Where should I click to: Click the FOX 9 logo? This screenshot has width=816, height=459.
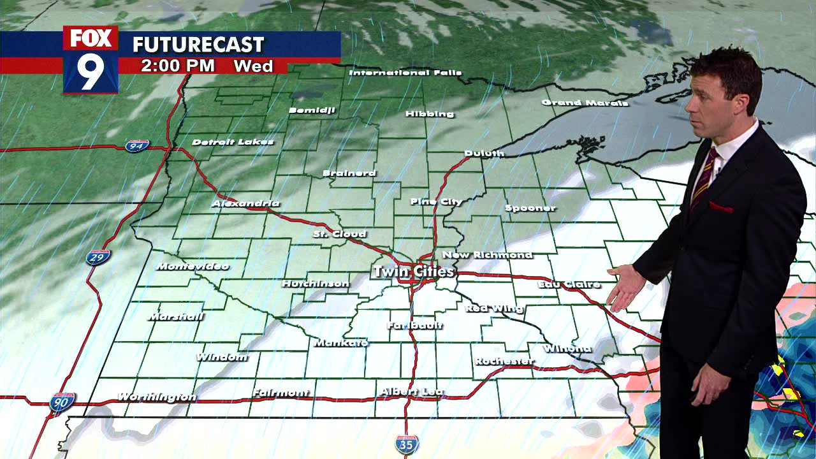pyautogui.click(x=91, y=60)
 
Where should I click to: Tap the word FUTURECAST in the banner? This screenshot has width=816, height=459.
pyautogui.click(x=198, y=45)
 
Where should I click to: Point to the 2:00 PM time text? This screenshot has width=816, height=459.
pyautogui.click(x=177, y=66)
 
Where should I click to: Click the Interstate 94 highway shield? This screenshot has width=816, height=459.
pyautogui.click(x=137, y=146)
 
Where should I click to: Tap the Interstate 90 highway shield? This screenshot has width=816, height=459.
pyautogui.click(x=62, y=402)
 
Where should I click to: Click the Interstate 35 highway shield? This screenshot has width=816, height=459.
pyautogui.click(x=406, y=444)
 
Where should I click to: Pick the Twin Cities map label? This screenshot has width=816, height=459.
pyautogui.click(x=413, y=272)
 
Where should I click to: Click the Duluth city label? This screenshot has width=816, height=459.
pyautogui.click(x=484, y=153)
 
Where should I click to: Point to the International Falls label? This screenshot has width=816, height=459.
pyautogui.click(x=405, y=73)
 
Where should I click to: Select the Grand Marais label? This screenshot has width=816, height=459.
pyautogui.click(x=585, y=103)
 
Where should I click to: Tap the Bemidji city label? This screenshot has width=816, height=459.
pyautogui.click(x=312, y=110)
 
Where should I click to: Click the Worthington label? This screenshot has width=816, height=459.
pyautogui.click(x=157, y=397)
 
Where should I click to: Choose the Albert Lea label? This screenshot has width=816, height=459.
pyautogui.click(x=412, y=391)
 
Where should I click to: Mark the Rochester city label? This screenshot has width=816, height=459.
pyautogui.click(x=504, y=361)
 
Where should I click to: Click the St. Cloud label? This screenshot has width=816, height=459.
pyautogui.click(x=339, y=234)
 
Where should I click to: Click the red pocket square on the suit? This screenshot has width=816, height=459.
pyautogui.click(x=720, y=207)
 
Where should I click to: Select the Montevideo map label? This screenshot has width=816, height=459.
pyautogui.click(x=192, y=266)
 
